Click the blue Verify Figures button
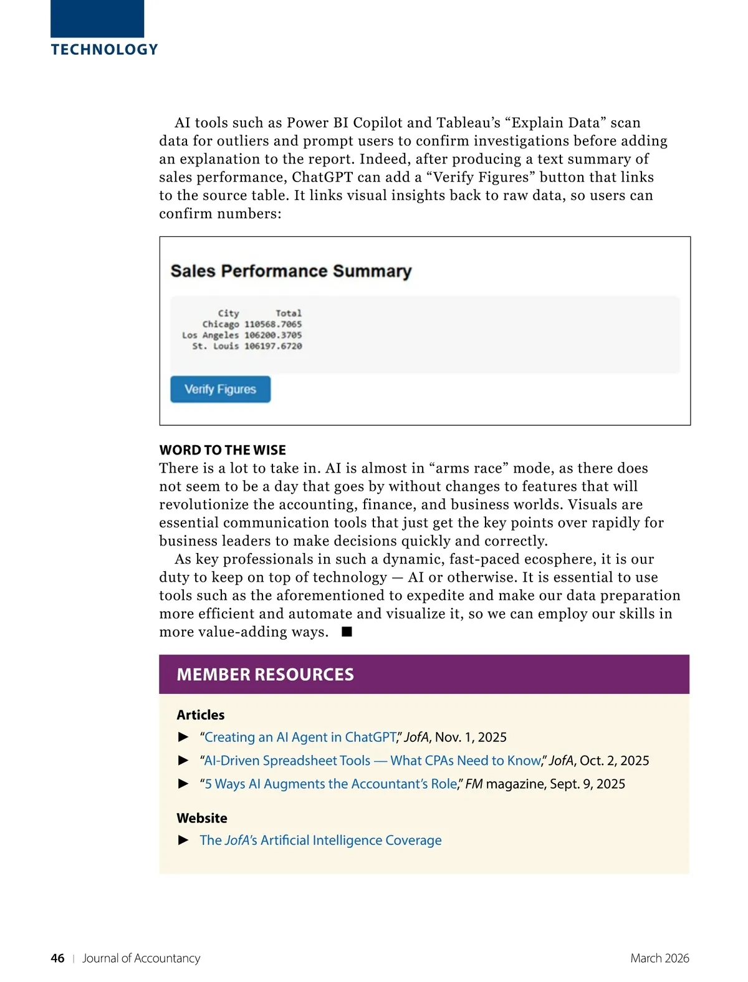pos(220,389)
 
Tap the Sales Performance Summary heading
pos(291,271)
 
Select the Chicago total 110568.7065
pos(273,324)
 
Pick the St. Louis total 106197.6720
pos(273,346)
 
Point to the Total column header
pos(289,313)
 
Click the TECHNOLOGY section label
pos(105,50)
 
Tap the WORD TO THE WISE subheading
pos(223,450)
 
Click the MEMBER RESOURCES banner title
pos(265,675)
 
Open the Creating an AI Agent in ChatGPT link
pos(300,737)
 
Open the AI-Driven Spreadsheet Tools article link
pos(373,761)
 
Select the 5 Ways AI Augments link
pos(330,784)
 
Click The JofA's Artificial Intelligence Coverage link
pos(320,840)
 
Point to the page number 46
pos(57,958)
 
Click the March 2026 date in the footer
pos(659,958)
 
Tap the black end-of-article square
pos(347,632)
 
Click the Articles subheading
pos(201,715)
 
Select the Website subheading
pos(202,818)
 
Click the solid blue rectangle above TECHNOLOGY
pos(97,19)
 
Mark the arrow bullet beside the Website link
pos(184,840)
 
